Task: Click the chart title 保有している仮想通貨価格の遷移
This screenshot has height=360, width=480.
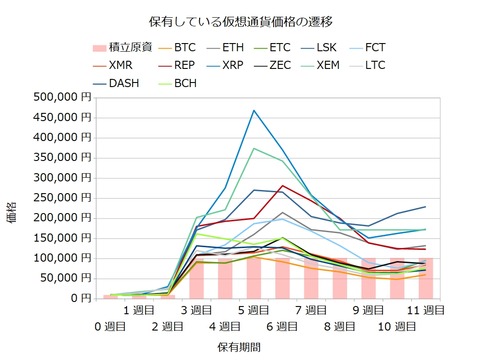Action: (x=240, y=19)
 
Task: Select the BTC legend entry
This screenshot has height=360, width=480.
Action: (x=184, y=47)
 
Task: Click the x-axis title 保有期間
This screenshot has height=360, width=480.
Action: (x=240, y=347)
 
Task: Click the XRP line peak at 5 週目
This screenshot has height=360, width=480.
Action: (x=254, y=110)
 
